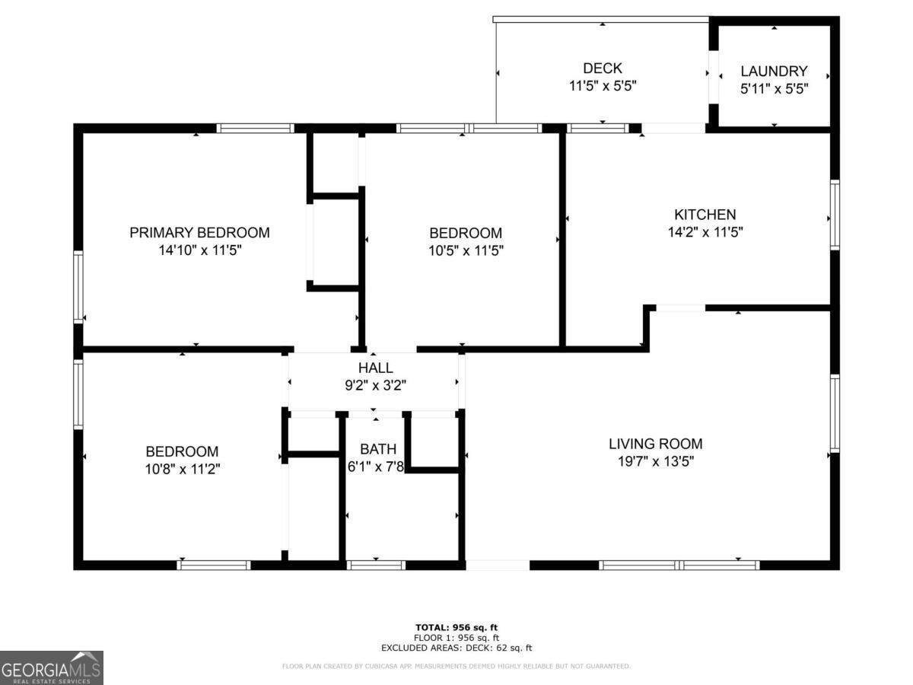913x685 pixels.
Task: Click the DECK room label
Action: pyautogui.click(x=603, y=68)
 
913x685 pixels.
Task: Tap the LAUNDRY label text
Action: pyautogui.click(x=774, y=71)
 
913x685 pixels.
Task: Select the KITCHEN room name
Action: pyautogui.click(x=705, y=215)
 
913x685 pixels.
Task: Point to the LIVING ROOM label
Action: pyautogui.click(x=655, y=444)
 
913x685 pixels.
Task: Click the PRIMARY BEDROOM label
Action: pyautogui.click(x=199, y=233)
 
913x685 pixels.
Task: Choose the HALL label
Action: pyautogui.click(x=376, y=368)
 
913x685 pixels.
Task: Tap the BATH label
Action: pyautogui.click(x=375, y=449)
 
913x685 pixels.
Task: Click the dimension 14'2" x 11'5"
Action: pyautogui.click(x=705, y=232)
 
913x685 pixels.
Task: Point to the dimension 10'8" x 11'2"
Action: pyautogui.click(x=182, y=470)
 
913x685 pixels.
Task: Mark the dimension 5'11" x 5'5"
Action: pyautogui.click(x=774, y=88)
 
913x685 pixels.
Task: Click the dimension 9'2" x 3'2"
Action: pyautogui.click(x=376, y=386)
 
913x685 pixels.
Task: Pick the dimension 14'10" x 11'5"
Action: pyautogui.click(x=199, y=250)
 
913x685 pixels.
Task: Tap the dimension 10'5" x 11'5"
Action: pyautogui.click(x=465, y=250)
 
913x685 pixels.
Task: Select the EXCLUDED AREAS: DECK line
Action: pyautogui.click(x=456, y=648)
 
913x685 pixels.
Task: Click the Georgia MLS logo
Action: pyautogui.click(x=52, y=667)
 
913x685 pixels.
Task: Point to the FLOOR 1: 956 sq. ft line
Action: pyautogui.click(x=456, y=638)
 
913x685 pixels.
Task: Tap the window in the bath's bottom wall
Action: pyautogui.click(x=376, y=565)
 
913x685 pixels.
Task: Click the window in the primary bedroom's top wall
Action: pyautogui.click(x=255, y=128)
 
